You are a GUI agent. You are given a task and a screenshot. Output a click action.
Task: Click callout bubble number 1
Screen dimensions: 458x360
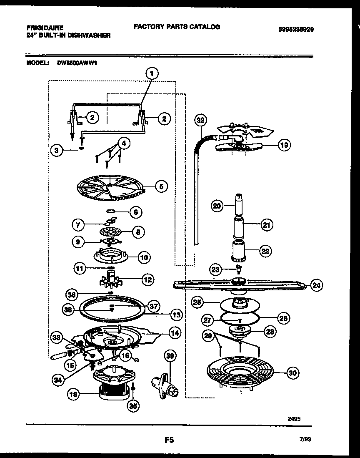click(x=152, y=74)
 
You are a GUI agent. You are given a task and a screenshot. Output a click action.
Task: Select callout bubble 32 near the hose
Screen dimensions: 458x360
click(x=201, y=120)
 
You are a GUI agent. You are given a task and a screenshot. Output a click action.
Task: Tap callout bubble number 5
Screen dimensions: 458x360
click(x=160, y=186)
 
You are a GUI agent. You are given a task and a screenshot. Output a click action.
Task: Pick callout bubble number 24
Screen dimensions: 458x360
click(x=317, y=285)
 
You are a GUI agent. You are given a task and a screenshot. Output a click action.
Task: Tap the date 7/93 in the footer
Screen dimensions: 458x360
click(x=305, y=440)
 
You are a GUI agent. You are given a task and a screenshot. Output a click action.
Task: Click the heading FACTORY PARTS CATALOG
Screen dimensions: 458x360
click(x=177, y=27)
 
